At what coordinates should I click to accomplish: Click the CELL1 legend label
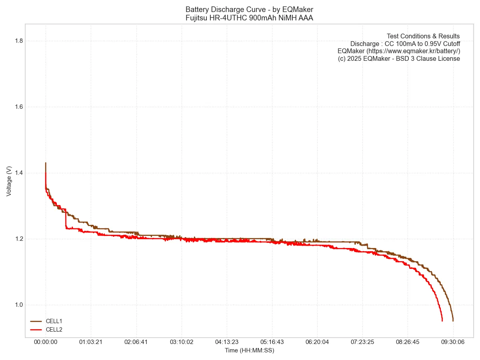pyautogui.click(x=54, y=321)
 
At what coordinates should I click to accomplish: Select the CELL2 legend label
pyautogui.click(x=54, y=330)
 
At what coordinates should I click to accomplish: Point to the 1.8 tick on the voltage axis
pyautogui.click(x=18, y=41)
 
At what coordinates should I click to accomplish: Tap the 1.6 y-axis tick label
pyautogui.click(x=18, y=107)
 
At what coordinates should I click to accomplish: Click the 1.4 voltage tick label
pyautogui.click(x=18, y=173)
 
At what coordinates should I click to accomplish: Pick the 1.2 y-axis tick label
pyautogui.click(x=18, y=239)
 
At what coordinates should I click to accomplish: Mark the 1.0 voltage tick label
pyautogui.click(x=18, y=305)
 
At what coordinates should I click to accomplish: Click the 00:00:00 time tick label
pyautogui.click(x=46, y=342)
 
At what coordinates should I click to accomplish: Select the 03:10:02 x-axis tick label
pyautogui.click(x=182, y=342)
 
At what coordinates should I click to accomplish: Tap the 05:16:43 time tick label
pyautogui.click(x=272, y=342)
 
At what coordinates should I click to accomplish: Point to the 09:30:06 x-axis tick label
pyautogui.click(x=453, y=342)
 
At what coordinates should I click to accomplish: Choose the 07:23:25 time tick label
pyautogui.click(x=362, y=342)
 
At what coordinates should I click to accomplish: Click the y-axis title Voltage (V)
pyautogui.click(x=9, y=181)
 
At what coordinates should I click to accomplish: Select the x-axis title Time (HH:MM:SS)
pyautogui.click(x=249, y=350)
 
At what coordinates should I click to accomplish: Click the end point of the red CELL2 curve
pyautogui.click(x=442, y=321)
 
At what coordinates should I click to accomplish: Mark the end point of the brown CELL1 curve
pyautogui.click(x=453, y=321)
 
